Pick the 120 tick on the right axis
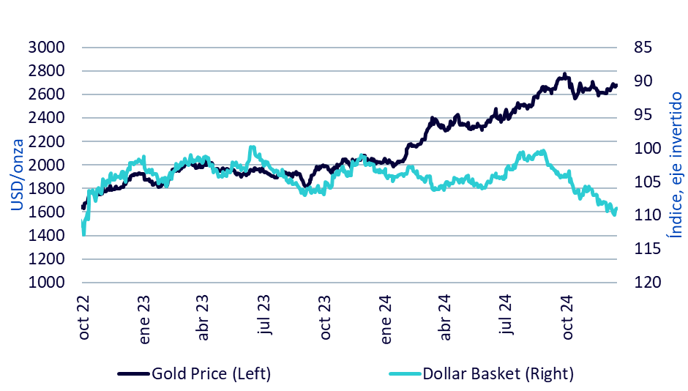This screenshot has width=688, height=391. click(638, 283)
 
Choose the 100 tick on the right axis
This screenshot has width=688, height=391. click(638, 149)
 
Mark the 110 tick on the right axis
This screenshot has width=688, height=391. click(638, 216)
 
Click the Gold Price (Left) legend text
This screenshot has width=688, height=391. click(212, 373)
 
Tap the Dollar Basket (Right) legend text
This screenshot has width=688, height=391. click(498, 373)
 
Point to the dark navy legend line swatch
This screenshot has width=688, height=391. click(133, 374)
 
